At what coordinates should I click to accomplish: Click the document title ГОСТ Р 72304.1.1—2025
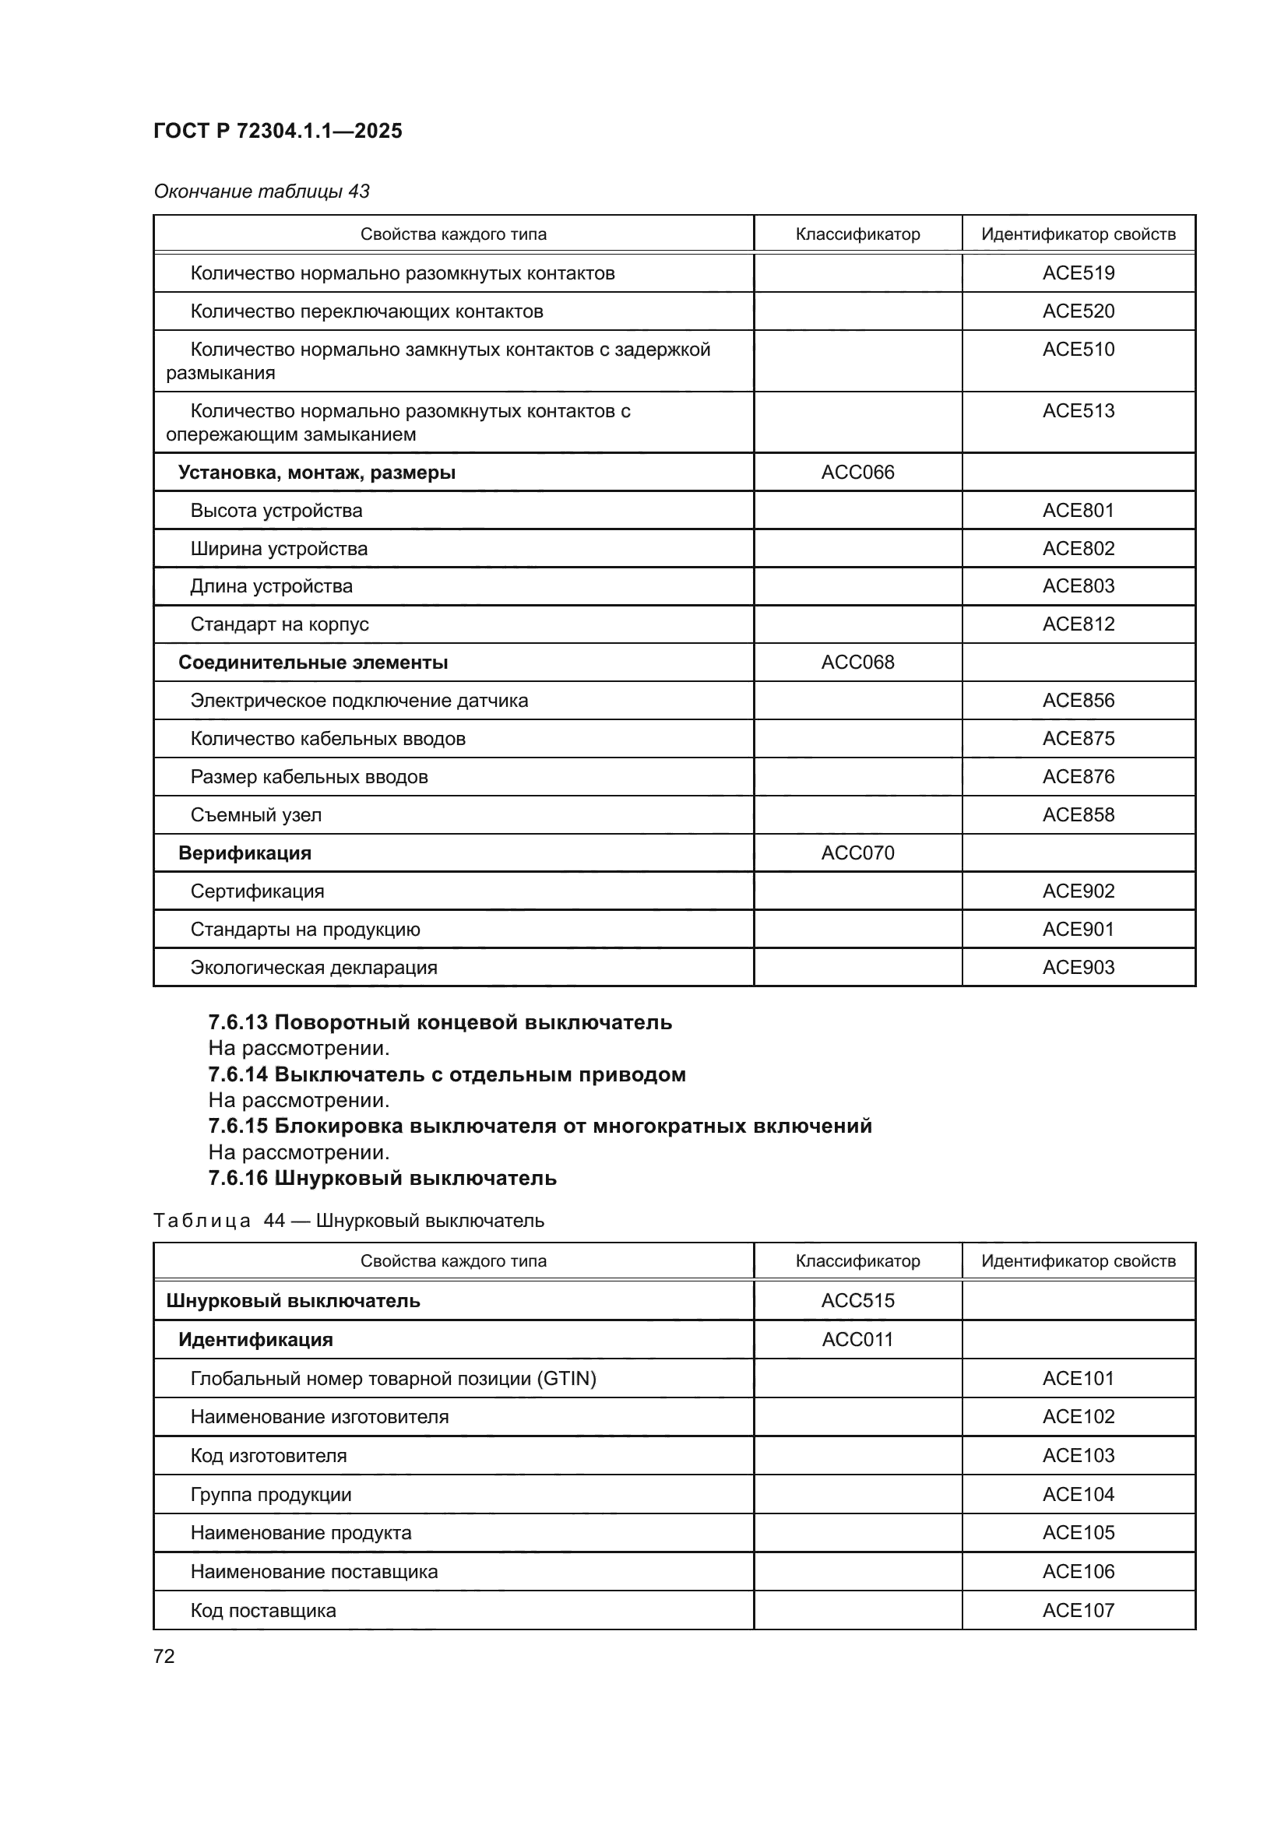pos(277,131)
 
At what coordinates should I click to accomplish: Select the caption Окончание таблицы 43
pos(262,192)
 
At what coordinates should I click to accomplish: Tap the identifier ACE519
pos(1078,272)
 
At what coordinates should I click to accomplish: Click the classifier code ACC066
pos(857,472)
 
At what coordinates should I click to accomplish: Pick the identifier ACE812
pos(1078,624)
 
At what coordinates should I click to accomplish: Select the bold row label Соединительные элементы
pos(312,663)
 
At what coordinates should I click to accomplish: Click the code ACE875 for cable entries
pos(1078,738)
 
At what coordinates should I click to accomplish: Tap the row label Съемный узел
pos(255,814)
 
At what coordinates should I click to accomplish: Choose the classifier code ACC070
pos(857,852)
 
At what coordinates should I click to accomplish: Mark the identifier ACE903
pos(1078,967)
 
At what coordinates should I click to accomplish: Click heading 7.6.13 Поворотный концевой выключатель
pos(440,1022)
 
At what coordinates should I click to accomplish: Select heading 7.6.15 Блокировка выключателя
pos(540,1126)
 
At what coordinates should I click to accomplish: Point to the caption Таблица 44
pos(348,1220)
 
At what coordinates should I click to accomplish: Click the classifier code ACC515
pos(857,1300)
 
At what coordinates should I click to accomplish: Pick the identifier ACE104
pos(1078,1494)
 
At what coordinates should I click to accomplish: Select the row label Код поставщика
pos(262,1610)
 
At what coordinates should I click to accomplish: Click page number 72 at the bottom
pos(164,1656)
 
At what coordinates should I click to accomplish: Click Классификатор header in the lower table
pos(857,1260)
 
